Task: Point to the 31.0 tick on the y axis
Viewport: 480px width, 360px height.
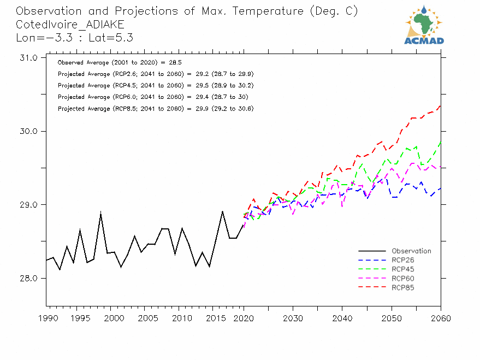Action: click(x=27, y=58)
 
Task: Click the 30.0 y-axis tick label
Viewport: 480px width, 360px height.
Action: click(x=27, y=132)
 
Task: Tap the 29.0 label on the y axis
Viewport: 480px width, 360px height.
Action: click(x=27, y=205)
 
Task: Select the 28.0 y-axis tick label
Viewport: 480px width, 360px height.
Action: click(x=27, y=279)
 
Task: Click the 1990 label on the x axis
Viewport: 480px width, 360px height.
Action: click(x=47, y=318)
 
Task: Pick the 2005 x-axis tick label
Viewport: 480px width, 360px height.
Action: click(x=145, y=318)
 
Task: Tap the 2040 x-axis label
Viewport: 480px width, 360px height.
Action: click(x=342, y=318)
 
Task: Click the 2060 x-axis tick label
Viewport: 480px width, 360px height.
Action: click(x=440, y=318)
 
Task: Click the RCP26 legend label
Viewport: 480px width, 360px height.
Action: click(x=402, y=260)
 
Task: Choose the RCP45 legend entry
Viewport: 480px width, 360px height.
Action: click(x=402, y=269)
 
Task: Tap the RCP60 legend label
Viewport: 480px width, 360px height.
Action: click(x=402, y=279)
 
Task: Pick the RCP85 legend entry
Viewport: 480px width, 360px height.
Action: click(x=402, y=287)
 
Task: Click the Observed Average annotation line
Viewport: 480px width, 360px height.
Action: click(x=120, y=63)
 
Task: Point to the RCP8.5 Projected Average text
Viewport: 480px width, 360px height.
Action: click(x=156, y=109)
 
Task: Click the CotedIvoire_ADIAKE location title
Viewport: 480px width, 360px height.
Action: click(x=70, y=25)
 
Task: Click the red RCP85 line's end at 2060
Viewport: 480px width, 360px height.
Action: click(x=440, y=105)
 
